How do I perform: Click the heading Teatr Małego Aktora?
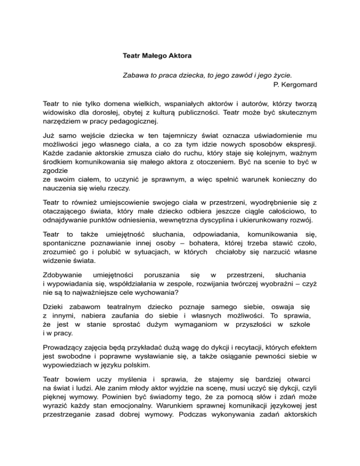[x=157, y=56]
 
